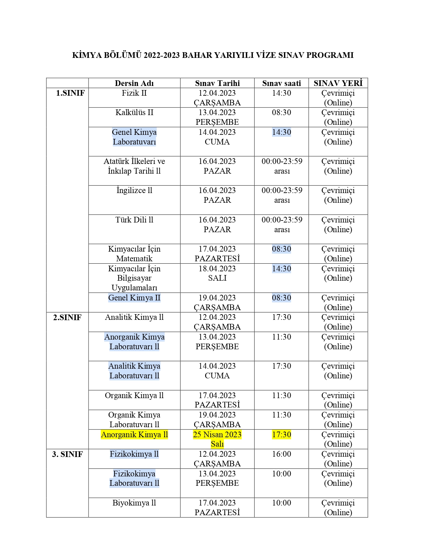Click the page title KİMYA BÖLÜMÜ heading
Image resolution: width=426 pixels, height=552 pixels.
[213, 55]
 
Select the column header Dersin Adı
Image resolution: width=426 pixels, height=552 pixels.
[134, 83]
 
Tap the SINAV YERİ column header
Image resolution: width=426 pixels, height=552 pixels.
[338, 83]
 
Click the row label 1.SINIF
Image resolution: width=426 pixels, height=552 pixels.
[70, 93]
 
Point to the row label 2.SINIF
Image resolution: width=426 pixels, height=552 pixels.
[67, 317]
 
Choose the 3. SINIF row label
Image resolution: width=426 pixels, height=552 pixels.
[67, 454]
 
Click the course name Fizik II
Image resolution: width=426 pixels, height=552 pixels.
[134, 93]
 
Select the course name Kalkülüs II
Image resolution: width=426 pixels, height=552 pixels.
[134, 112]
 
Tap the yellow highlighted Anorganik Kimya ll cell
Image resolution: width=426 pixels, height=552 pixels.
[134, 435]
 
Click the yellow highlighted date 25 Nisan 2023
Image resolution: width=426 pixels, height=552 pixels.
[217, 439]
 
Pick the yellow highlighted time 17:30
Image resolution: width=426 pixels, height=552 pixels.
[281, 435]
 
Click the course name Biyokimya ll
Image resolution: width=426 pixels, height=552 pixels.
[134, 503]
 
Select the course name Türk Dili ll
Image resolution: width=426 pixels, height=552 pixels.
[134, 220]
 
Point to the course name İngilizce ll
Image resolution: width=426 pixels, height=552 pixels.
[134, 190]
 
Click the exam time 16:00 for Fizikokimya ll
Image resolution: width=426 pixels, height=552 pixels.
[281, 454]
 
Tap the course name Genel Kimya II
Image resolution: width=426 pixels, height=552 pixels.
[134, 298]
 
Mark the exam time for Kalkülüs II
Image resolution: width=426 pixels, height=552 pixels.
[281, 112]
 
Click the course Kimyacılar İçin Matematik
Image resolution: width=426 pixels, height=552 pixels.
[134, 254]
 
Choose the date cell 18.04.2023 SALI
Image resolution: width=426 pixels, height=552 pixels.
[217, 273]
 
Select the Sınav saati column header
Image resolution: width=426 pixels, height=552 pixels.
[281, 83]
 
